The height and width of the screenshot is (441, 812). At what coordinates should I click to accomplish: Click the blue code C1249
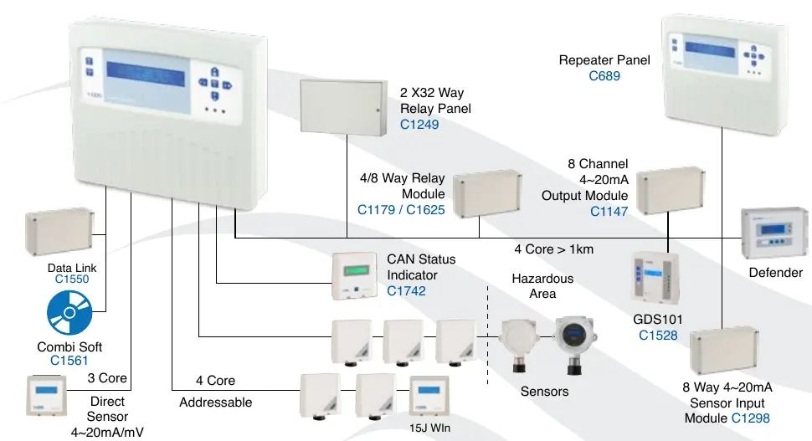419,126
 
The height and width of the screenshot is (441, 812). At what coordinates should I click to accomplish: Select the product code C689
604,76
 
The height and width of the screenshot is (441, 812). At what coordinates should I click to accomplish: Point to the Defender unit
775,234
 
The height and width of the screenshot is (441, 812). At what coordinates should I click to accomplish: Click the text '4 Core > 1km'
553,249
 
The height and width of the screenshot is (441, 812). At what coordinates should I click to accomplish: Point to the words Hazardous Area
542,286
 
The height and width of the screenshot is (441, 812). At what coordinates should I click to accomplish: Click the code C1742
406,291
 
